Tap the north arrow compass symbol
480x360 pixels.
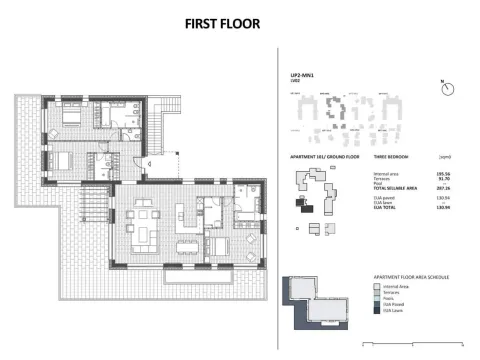(443, 87)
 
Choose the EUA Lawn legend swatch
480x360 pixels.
(376, 310)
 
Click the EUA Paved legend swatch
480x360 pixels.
(376, 304)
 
